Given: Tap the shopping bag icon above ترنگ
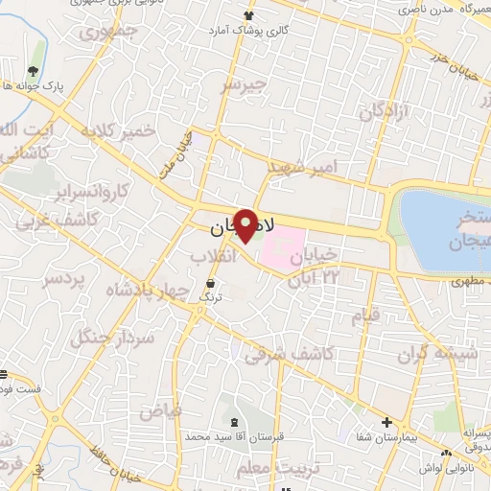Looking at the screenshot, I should click(210, 284).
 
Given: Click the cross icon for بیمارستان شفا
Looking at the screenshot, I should click(386, 422).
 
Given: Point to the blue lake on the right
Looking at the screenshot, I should click(443, 230).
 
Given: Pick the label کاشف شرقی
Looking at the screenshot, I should click(289, 355).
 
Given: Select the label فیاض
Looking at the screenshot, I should click(160, 410).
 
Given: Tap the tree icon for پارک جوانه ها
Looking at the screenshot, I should click(35, 72).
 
